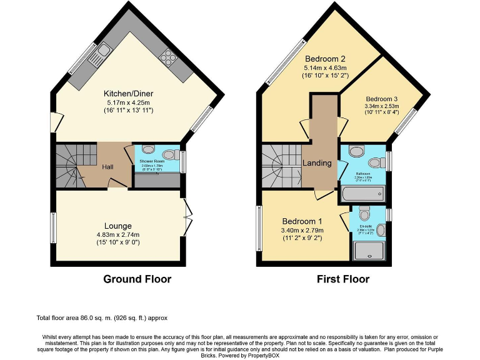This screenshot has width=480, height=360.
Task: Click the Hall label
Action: (x=107, y=167)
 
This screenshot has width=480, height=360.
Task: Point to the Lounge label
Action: (x=117, y=226)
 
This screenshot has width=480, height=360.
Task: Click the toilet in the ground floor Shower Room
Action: (x=147, y=149)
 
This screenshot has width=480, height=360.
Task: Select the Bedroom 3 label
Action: (x=382, y=99)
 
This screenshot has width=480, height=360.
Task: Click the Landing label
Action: (x=317, y=163)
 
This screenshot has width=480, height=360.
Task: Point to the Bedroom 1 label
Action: (x=302, y=221)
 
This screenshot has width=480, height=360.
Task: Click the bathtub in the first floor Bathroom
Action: (x=363, y=194)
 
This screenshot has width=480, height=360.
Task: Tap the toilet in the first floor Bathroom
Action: (x=356, y=151)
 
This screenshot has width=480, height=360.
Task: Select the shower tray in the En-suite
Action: (x=371, y=251)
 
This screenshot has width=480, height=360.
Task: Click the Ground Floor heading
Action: (x=137, y=279)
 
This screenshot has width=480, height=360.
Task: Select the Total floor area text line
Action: (x=102, y=318)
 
